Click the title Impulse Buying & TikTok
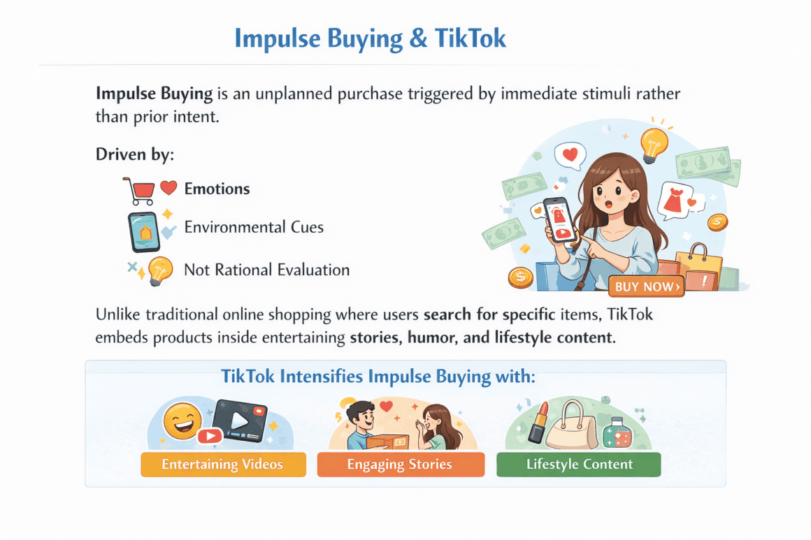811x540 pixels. [370, 38]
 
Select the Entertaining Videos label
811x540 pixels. [223, 465]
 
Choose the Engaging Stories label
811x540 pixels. [400, 465]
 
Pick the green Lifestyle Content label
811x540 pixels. [579, 465]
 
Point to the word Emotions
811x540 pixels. [217, 189]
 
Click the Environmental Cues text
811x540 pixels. [254, 228]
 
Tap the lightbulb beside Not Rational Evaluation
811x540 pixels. [160, 270]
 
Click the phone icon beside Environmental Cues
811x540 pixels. [144, 231]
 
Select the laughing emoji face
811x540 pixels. [182, 421]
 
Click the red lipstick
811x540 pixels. [538, 422]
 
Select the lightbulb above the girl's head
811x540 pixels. [653, 144]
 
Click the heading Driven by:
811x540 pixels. [134, 154]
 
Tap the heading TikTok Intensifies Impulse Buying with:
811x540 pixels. [378, 377]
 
